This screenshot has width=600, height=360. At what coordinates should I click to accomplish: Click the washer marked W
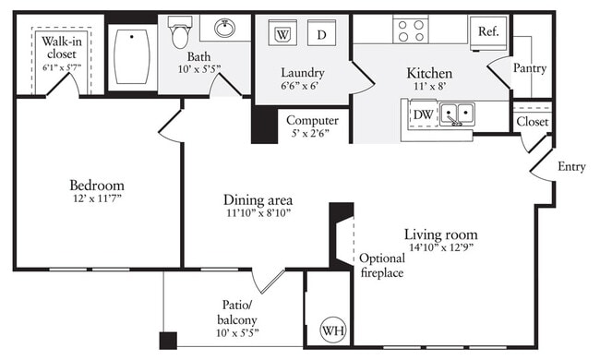(x=282, y=35)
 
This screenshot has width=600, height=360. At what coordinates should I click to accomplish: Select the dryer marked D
(x=321, y=35)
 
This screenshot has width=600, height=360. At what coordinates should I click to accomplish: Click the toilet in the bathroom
(x=181, y=34)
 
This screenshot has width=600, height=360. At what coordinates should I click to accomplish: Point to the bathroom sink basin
(x=223, y=29)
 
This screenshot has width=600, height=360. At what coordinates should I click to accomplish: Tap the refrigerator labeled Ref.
(x=488, y=31)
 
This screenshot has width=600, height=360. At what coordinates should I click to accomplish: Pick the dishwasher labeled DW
(x=423, y=114)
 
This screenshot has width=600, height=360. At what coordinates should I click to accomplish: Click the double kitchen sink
(x=456, y=114)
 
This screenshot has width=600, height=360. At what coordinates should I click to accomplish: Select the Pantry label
(x=529, y=68)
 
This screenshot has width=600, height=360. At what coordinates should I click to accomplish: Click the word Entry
(x=571, y=166)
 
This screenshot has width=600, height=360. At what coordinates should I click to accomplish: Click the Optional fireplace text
(x=381, y=265)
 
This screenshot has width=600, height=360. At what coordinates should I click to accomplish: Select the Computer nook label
(x=311, y=120)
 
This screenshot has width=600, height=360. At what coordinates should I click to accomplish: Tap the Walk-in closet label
(x=59, y=47)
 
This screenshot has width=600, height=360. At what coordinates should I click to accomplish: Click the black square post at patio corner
(x=167, y=339)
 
